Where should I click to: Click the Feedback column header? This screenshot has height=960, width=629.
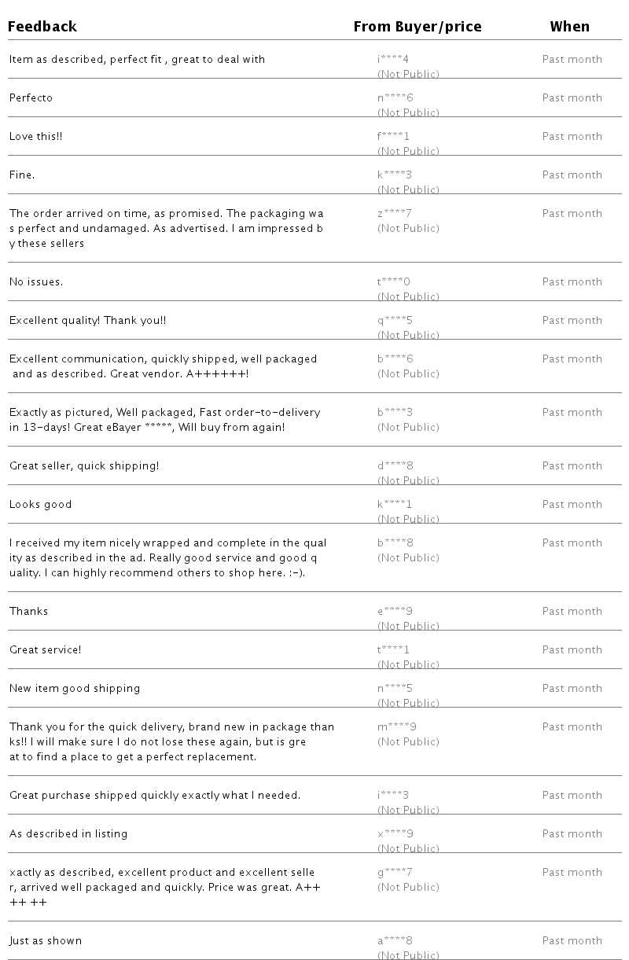[42, 27]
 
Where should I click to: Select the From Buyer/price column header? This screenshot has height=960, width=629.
[417, 27]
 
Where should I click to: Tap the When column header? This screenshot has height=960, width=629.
[569, 27]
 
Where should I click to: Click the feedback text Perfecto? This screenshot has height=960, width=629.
[31, 98]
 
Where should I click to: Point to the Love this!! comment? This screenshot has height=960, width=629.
[35, 137]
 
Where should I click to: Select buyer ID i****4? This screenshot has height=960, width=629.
[393, 60]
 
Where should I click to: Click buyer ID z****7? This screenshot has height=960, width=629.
[395, 214]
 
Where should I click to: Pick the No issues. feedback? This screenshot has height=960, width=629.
[36, 282]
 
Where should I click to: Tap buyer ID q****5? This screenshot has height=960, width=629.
[395, 321]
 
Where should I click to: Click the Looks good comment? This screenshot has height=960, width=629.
[40, 505]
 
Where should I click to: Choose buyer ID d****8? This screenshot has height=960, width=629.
[395, 466]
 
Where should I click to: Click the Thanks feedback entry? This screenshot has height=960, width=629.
[28, 612]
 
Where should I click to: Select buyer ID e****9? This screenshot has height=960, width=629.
[395, 612]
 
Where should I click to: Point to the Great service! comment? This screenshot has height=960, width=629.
[45, 650]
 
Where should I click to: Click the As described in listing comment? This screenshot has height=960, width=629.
[68, 834]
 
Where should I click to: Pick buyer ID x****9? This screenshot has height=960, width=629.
[395, 834]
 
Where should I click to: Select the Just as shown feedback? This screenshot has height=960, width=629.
[46, 941]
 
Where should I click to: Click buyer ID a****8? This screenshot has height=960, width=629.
[395, 941]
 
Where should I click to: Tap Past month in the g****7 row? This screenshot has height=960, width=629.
[572, 873]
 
